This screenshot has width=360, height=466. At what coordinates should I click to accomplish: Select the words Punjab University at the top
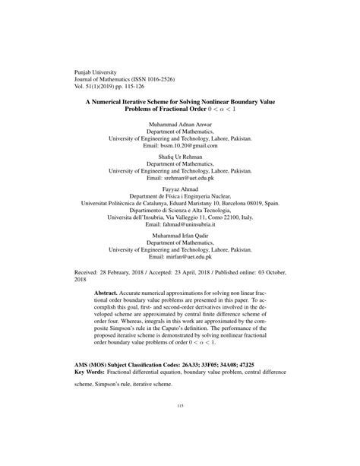click(x=96, y=70)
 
